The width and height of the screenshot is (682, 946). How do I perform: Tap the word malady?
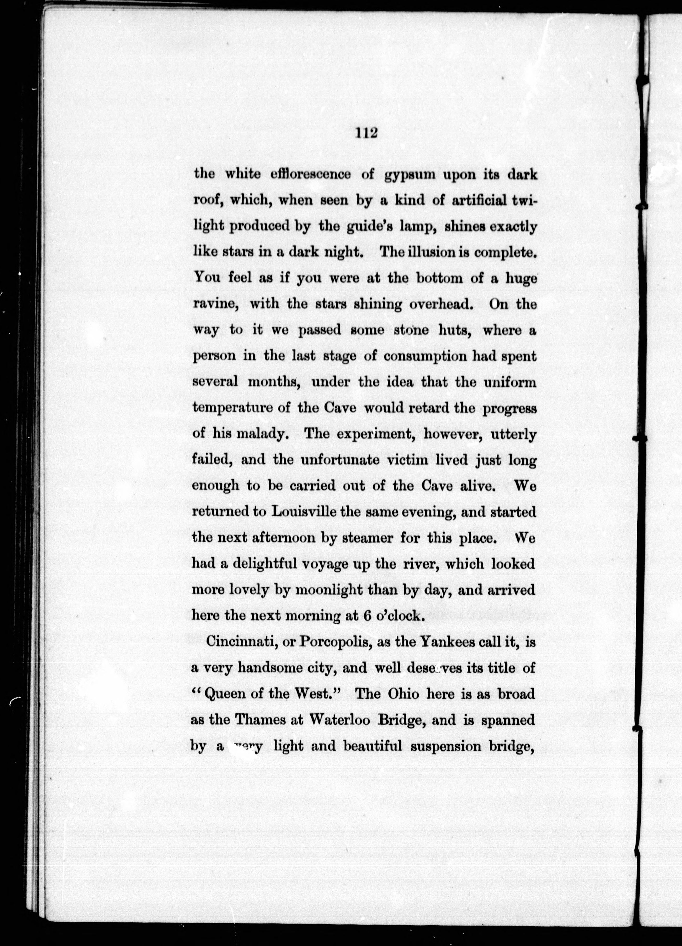(260, 434)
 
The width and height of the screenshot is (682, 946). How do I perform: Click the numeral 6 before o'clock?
(367, 616)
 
